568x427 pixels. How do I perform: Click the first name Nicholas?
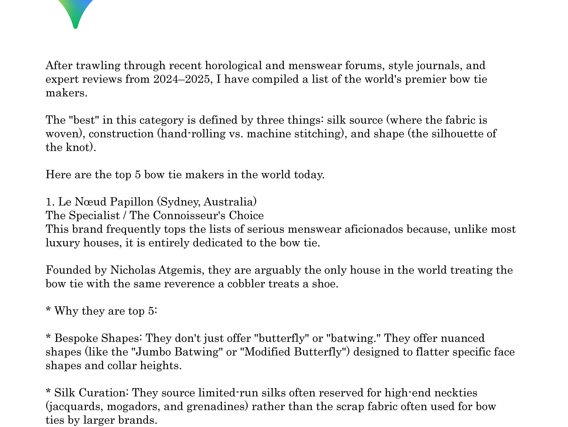coord(133,270)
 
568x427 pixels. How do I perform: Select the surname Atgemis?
coord(181,270)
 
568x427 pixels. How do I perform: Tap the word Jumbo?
coord(153,352)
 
